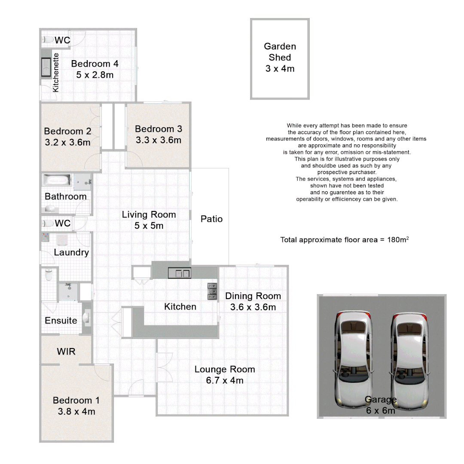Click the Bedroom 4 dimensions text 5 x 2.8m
(x=95, y=75)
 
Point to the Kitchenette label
(x=55, y=72)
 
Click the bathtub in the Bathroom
(x=57, y=180)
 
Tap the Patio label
(x=211, y=219)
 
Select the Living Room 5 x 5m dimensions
(x=149, y=226)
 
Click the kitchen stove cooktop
(x=212, y=291)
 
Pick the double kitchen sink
(x=180, y=273)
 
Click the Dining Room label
(x=253, y=296)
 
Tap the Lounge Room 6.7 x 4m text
(x=225, y=380)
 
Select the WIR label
(x=66, y=351)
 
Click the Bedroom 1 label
(x=76, y=400)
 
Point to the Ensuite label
(x=61, y=321)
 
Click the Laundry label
(x=71, y=252)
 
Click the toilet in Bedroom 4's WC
(x=48, y=40)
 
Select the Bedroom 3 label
(x=158, y=129)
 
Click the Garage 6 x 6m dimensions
(x=380, y=410)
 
